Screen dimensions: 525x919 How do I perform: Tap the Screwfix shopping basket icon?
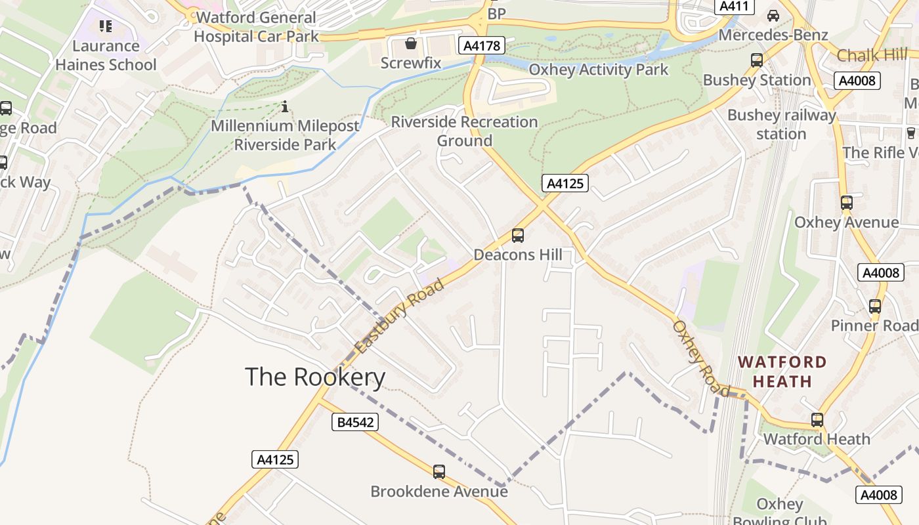tap(411, 44)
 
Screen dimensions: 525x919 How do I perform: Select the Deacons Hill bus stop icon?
tap(517, 236)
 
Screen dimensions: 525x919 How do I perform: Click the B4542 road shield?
tap(355, 422)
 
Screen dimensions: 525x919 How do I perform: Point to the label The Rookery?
tap(314, 377)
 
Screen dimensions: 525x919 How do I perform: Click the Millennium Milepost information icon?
tap(284, 106)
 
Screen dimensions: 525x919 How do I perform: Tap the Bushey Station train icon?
tap(756, 60)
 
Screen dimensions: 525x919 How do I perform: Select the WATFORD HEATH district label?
tap(782, 371)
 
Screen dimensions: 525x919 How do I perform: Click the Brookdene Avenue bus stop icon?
tap(438, 471)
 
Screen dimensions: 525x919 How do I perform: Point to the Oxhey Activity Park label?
tap(598, 70)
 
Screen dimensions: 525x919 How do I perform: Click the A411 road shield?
tap(734, 7)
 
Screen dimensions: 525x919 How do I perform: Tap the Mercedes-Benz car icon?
tap(773, 16)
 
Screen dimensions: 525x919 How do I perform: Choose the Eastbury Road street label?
tap(398, 316)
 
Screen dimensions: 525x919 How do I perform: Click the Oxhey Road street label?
tap(700, 358)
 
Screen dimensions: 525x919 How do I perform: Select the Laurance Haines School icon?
tap(106, 26)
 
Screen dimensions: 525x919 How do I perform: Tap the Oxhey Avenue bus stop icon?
tap(846, 202)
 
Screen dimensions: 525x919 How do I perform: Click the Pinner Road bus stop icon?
tap(874, 306)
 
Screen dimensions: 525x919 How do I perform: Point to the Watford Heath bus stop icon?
tap(817, 419)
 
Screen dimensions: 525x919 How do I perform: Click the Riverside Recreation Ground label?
tap(464, 131)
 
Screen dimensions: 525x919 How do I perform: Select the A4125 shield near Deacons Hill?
tap(565, 183)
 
